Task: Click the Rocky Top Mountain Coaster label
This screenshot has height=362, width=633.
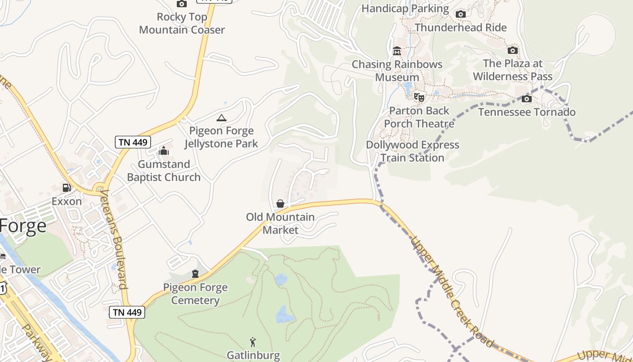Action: [182, 24]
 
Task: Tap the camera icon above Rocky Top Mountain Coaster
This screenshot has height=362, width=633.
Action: [181, 4]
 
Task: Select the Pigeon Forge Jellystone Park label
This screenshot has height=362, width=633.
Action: [221, 138]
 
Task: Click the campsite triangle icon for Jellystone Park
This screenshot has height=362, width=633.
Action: [221, 118]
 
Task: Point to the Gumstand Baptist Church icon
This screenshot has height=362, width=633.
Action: [164, 151]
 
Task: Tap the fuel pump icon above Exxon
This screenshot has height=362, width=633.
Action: [66, 188]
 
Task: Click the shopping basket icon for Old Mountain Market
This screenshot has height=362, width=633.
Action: [280, 204]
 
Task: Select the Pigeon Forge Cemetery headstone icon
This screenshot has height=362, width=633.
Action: [195, 274]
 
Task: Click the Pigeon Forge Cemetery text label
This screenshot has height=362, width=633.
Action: [195, 294]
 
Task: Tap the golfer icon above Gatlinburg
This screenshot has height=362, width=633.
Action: [253, 342]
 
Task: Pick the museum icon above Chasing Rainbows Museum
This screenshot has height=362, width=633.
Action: [397, 51]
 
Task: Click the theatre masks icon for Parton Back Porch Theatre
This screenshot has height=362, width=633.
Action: [419, 97]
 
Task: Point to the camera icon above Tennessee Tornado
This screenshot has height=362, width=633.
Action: [527, 99]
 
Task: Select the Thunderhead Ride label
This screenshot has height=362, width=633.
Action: [461, 28]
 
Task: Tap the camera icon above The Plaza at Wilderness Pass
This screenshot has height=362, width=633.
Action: [513, 50]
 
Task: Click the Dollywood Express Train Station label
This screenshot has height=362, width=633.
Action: [412, 151]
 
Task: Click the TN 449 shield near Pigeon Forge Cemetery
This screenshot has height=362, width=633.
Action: [127, 312]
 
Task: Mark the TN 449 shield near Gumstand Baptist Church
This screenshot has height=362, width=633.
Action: [132, 142]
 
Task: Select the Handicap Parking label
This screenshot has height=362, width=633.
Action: [405, 9]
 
